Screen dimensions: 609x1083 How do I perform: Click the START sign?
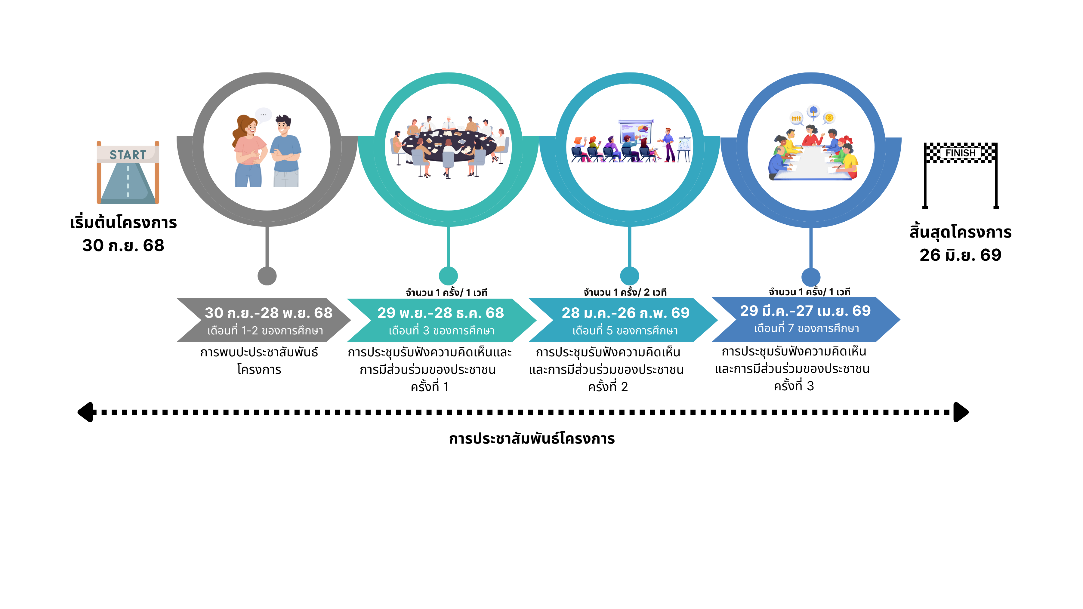click(128, 154)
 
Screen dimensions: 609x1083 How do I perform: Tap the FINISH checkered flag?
click(960, 152)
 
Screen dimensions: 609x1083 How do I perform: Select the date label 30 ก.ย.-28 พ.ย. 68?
click(268, 313)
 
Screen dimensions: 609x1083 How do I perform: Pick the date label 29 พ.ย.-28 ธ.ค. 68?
click(440, 313)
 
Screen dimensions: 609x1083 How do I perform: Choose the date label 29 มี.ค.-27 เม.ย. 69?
click(805, 311)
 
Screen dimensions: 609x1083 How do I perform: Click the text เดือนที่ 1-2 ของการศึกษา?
click(265, 331)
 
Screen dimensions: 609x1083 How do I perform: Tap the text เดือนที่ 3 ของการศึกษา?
click(441, 331)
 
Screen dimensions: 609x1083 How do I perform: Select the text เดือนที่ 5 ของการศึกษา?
click(625, 331)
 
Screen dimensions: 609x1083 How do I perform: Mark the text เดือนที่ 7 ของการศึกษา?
click(806, 328)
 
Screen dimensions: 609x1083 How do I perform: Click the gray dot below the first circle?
click(267, 276)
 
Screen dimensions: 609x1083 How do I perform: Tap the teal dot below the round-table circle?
click(448, 276)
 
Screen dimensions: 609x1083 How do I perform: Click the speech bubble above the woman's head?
click(264, 114)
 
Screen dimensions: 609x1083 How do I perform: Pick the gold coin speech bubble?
click(829, 118)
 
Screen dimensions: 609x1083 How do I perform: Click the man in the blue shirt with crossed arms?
click(285, 151)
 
